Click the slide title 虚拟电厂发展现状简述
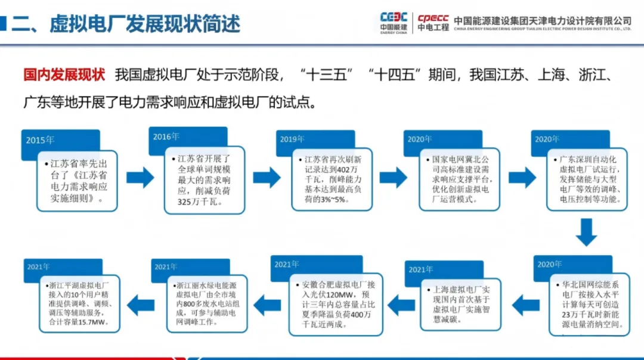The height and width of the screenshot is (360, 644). click(144, 23)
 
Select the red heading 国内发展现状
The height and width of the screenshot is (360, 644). click(64, 75)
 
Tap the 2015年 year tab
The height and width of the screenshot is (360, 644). click(40, 141)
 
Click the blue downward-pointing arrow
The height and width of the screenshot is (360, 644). click(586, 232)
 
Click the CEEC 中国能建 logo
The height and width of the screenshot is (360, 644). click(394, 22)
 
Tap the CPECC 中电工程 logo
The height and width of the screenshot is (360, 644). click(433, 22)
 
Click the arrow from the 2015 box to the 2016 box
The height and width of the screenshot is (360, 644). click(140, 177)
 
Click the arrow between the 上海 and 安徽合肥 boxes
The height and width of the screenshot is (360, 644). click(394, 305)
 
